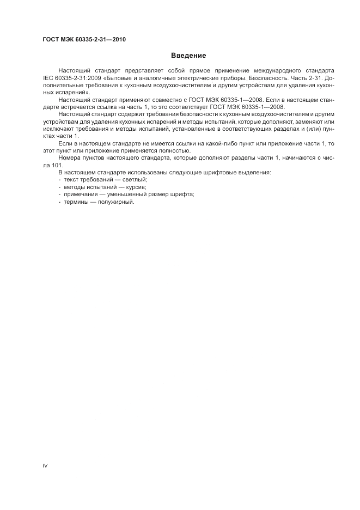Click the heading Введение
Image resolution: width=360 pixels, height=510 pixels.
point(188,56)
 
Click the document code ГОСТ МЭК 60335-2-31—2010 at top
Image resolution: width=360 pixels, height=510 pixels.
point(84,40)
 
